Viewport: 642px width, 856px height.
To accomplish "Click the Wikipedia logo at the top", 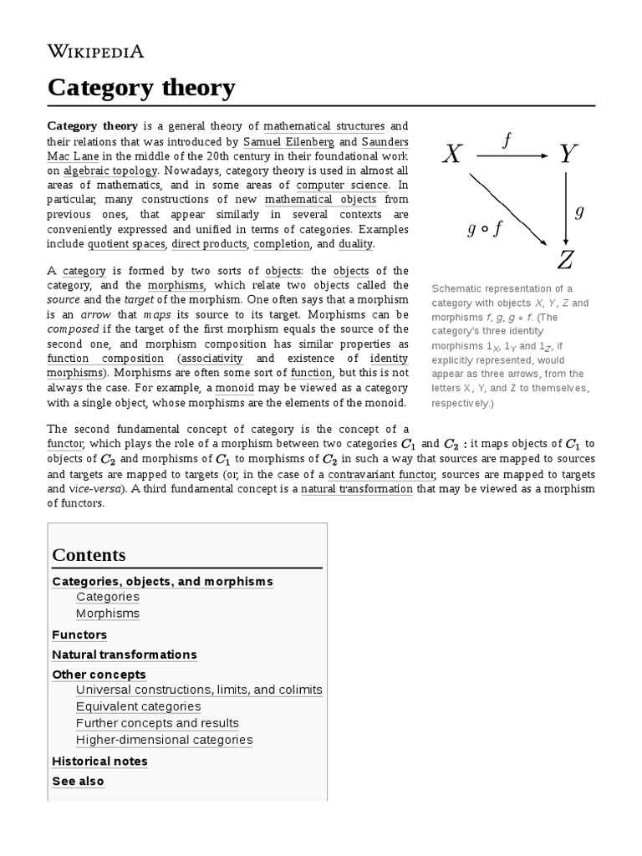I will [x=96, y=52].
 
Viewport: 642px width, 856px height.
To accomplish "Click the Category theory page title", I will [x=141, y=87].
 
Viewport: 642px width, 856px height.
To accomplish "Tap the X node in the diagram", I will [x=451, y=154].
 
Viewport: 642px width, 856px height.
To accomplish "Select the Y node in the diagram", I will [x=568, y=154].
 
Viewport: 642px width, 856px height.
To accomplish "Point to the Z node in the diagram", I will [x=565, y=260].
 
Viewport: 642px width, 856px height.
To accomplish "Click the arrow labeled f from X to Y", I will [x=512, y=155].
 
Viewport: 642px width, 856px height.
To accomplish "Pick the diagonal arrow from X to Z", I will [x=507, y=209].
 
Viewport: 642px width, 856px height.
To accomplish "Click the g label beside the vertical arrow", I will [x=579, y=211].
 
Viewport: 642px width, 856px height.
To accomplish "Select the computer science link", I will [x=343, y=185].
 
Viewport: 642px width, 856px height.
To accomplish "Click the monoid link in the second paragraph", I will [x=235, y=388].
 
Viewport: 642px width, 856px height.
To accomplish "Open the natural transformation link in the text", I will [x=357, y=489].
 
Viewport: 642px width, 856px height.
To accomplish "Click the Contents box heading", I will [x=89, y=555].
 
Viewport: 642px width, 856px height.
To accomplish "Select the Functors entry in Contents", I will [x=79, y=634].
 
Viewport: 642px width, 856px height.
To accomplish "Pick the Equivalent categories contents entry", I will [x=138, y=706].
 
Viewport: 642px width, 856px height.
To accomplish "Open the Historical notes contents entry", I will [x=99, y=762].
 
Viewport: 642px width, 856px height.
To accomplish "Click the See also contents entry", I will [x=78, y=782].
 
